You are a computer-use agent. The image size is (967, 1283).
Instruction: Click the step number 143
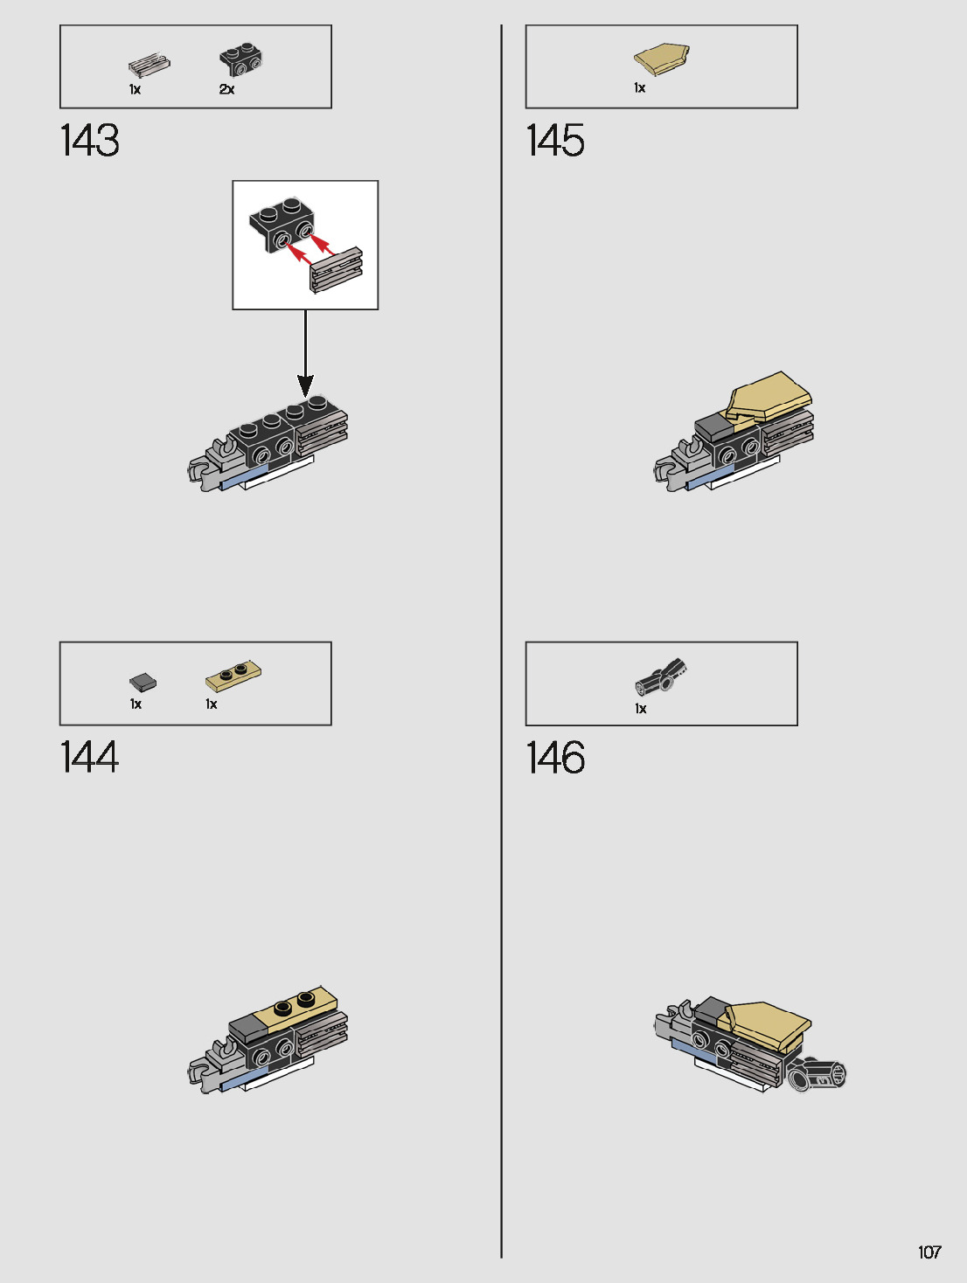[x=89, y=141]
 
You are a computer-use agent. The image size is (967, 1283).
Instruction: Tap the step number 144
[x=89, y=757]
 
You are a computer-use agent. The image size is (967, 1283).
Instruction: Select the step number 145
[x=555, y=141]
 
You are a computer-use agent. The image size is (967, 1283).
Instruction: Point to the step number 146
[x=555, y=758]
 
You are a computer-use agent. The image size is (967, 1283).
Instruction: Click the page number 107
[x=929, y=1252]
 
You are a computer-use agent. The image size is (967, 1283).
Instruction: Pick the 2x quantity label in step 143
[x=226, y=90]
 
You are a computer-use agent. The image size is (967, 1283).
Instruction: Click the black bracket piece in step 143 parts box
[x=240, y=60]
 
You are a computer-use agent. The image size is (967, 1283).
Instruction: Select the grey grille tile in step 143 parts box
[x=149, y=66]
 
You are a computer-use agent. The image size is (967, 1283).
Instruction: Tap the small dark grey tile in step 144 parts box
[x=143, y=682]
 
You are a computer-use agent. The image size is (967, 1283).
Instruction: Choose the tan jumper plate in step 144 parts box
[x=233, y=676]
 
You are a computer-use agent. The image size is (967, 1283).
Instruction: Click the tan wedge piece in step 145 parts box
[x=662, y=59]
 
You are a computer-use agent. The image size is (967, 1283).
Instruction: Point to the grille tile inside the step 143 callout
[x=337, y=269]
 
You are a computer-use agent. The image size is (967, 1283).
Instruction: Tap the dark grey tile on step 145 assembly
[x=713, y=427]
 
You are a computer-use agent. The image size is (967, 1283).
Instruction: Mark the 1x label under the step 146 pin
[x=641, y=709]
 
